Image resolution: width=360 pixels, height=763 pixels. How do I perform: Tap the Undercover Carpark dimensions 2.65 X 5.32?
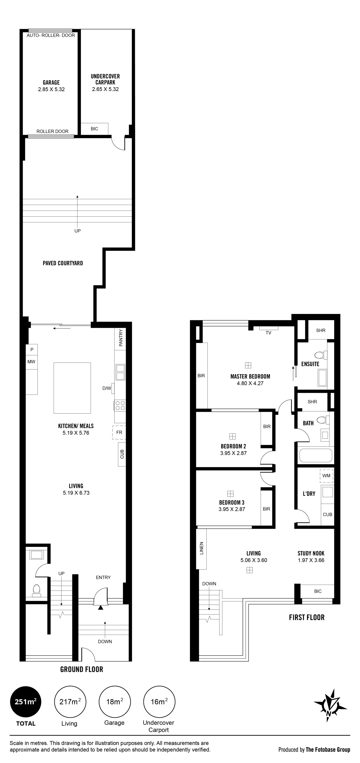pyautogui.click(x=105, y=89)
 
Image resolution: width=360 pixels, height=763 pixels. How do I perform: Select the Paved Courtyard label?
pyautogui.click(x=63, y=263)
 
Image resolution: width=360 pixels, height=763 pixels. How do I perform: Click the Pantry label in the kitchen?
pyautogui.click(x=121, y=338)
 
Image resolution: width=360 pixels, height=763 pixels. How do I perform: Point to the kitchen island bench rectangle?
pyautogui.click(x=72, y=388)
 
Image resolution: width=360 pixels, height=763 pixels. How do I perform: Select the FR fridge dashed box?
pyautogui.click(x=119, y=432)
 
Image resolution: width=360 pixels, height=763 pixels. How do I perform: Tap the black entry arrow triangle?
pyautogui.click(x=101, y=608)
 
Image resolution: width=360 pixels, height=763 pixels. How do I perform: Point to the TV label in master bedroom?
pyautogui.click(x=268, y=333)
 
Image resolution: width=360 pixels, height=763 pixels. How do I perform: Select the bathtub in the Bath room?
pyautogui.click(x=316, y=455)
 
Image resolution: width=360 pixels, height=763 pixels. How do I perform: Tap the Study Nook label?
pyautogui.click(x=311, y=553)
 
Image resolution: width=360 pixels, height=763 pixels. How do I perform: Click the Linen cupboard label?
pyautogui.click(x=202, y=548)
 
